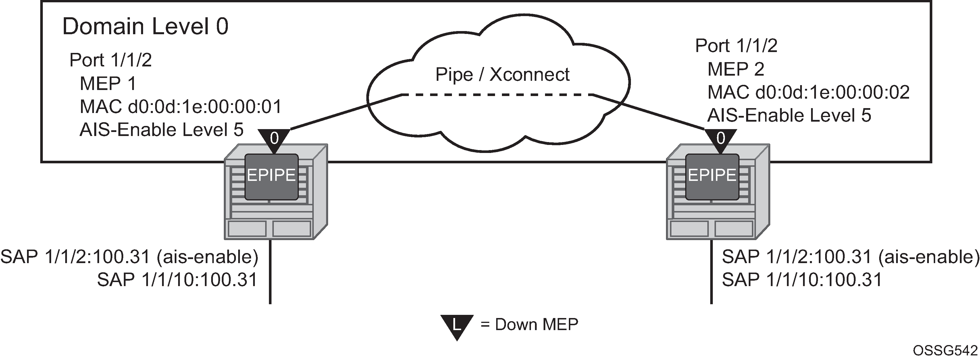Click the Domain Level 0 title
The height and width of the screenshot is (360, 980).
click(x=145, y=27)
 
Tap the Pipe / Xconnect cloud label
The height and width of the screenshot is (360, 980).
click(x=502, y=74)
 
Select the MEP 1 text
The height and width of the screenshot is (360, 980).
click(x=108, y=83)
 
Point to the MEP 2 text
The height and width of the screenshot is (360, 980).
click(x=736, y=69)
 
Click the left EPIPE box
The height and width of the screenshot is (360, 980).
click(x=271, y=177)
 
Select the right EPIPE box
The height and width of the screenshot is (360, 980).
click(x=712, y=177)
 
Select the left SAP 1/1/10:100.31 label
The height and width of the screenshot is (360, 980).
click(x=177, y=280)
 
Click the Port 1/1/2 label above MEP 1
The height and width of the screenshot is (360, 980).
click(x=111, y=60)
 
